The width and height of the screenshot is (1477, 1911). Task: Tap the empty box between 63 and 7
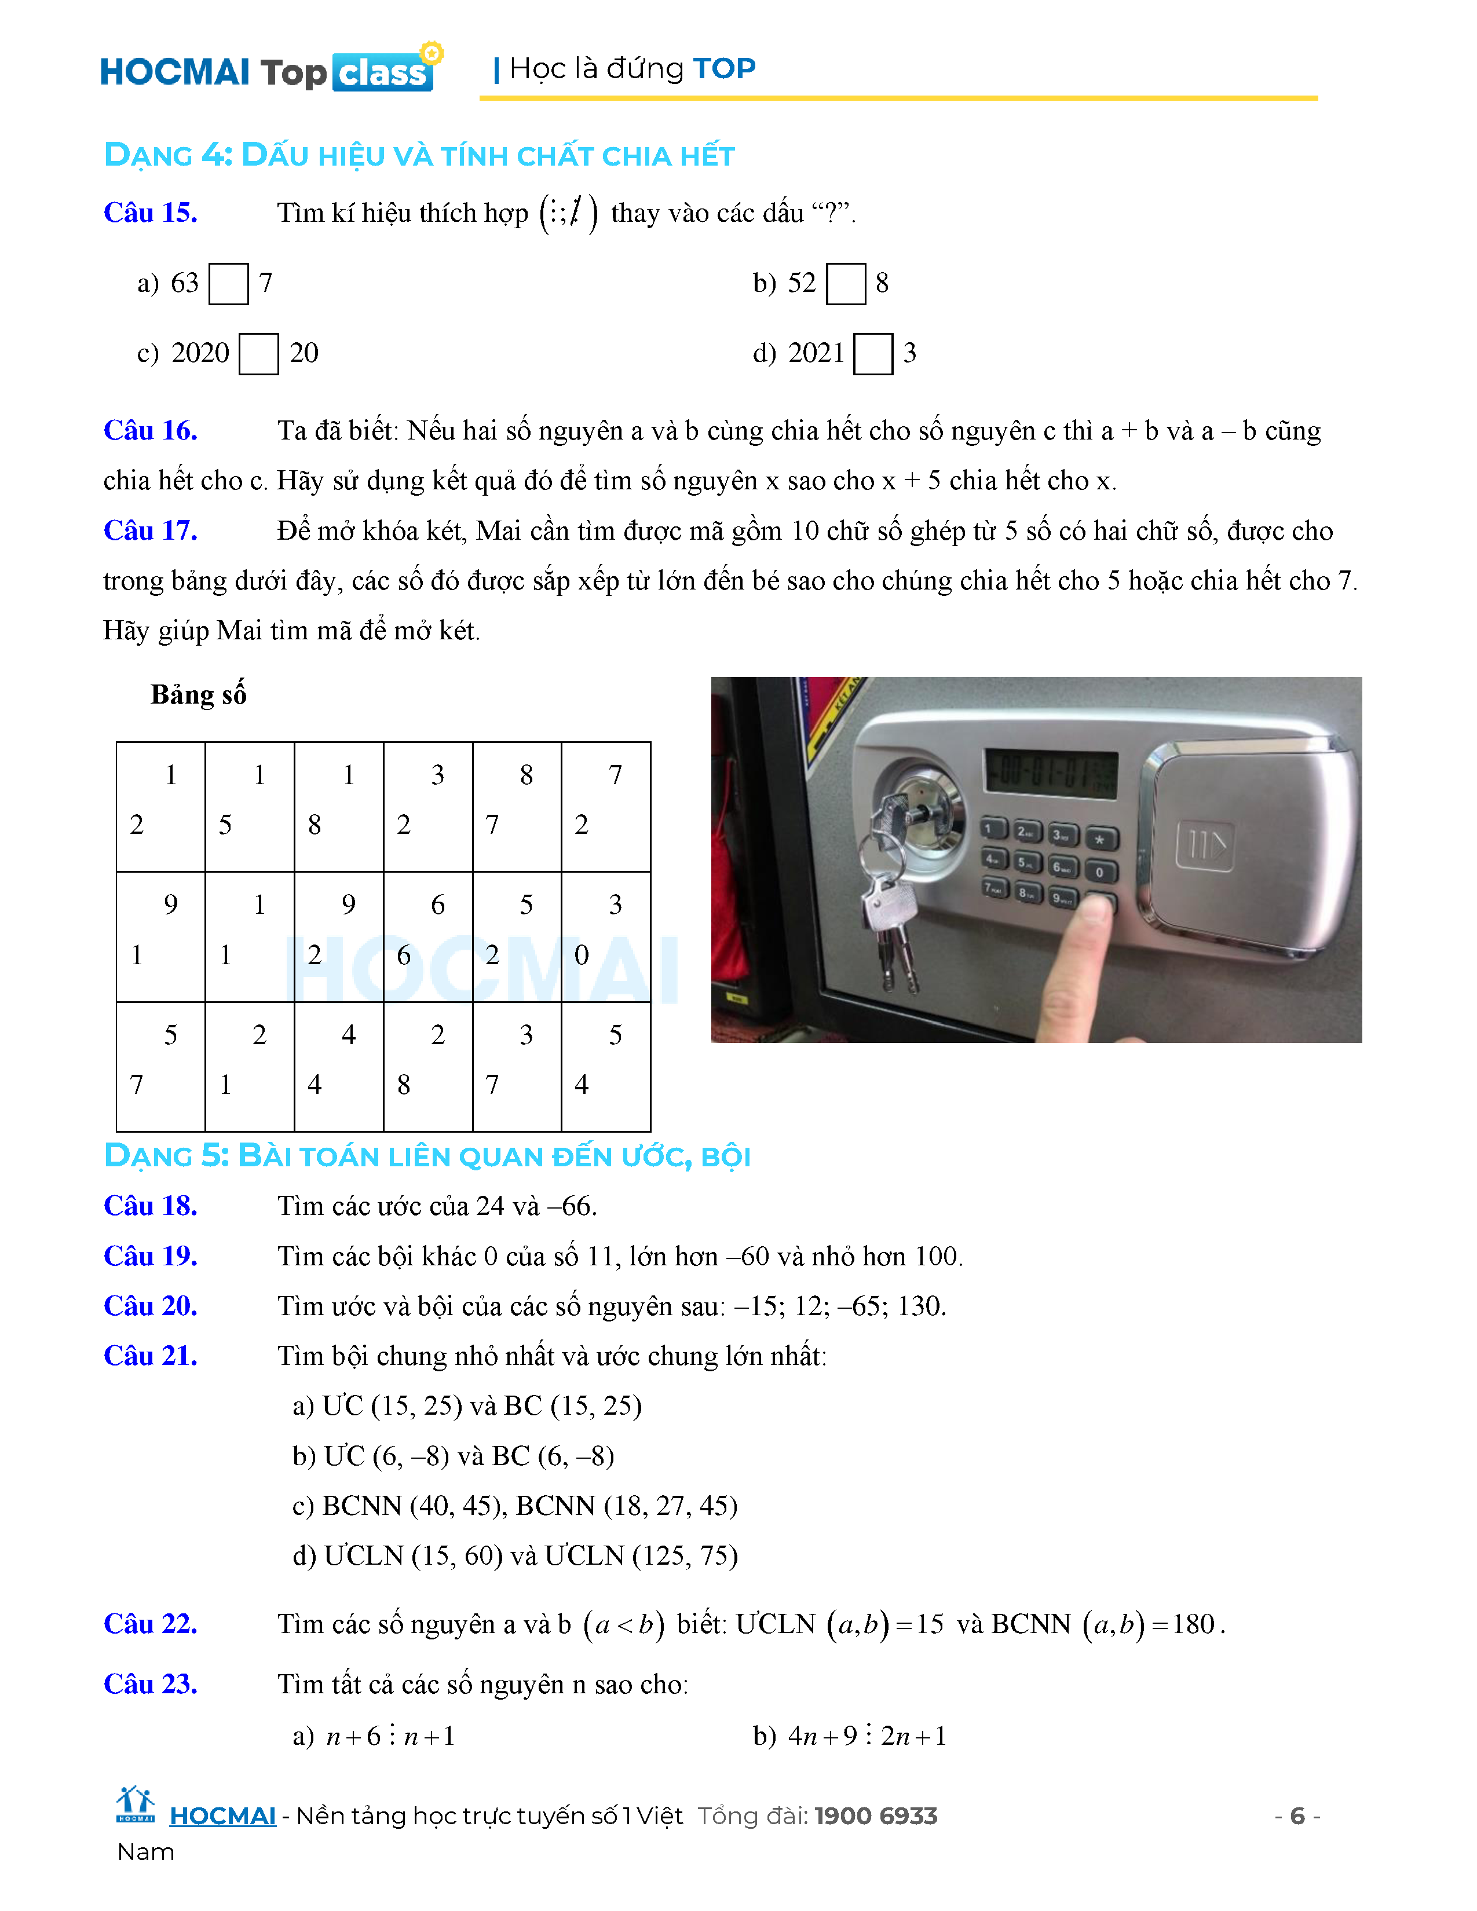228,284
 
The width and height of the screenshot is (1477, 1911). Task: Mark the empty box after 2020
259,353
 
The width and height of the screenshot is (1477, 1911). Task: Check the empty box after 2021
873,353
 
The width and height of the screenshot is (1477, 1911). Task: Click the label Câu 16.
151,430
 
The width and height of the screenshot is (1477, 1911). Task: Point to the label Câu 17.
151,530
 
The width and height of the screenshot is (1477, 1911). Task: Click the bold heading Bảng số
199,694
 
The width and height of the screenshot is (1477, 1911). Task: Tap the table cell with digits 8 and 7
516,806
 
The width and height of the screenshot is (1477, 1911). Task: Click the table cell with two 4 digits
339,1066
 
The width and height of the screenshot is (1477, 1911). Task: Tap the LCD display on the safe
1051,773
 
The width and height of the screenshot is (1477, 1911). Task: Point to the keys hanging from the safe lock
889,901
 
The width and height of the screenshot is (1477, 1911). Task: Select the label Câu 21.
151,1356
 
